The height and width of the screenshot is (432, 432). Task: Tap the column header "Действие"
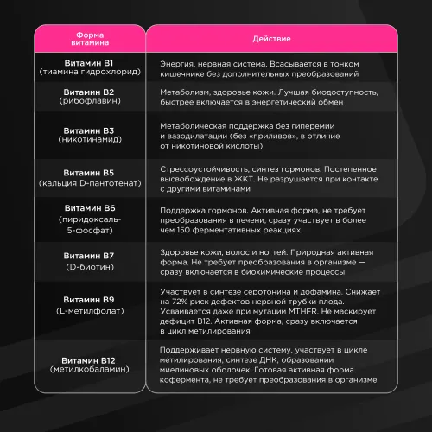270,40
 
